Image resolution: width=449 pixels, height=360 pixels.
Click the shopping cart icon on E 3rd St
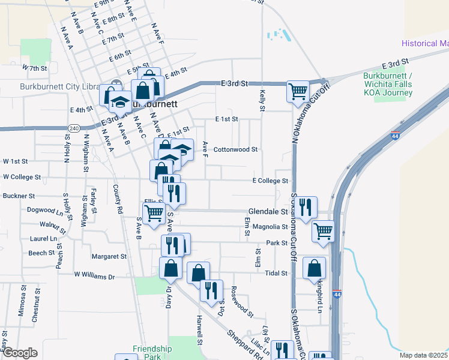298,91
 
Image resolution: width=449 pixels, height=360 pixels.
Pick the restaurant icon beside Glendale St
307,206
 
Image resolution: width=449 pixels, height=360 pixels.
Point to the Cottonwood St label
236,149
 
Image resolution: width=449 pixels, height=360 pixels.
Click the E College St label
270,181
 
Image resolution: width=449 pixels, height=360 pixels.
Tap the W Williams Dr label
94,276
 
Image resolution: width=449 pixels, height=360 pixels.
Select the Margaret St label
109,256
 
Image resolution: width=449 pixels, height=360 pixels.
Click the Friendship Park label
152,352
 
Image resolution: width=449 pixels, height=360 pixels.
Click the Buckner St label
19,196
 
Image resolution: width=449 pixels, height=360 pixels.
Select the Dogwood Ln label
45,211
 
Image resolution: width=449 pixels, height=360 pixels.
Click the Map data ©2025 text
424,355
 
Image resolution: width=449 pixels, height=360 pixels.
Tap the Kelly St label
262,100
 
